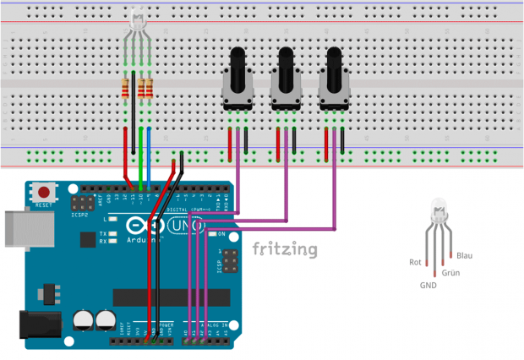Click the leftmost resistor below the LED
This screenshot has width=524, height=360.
point(127,87)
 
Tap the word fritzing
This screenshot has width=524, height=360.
point(285,249)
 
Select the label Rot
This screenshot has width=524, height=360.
point(414,262)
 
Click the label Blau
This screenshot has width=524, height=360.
point(465,255)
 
